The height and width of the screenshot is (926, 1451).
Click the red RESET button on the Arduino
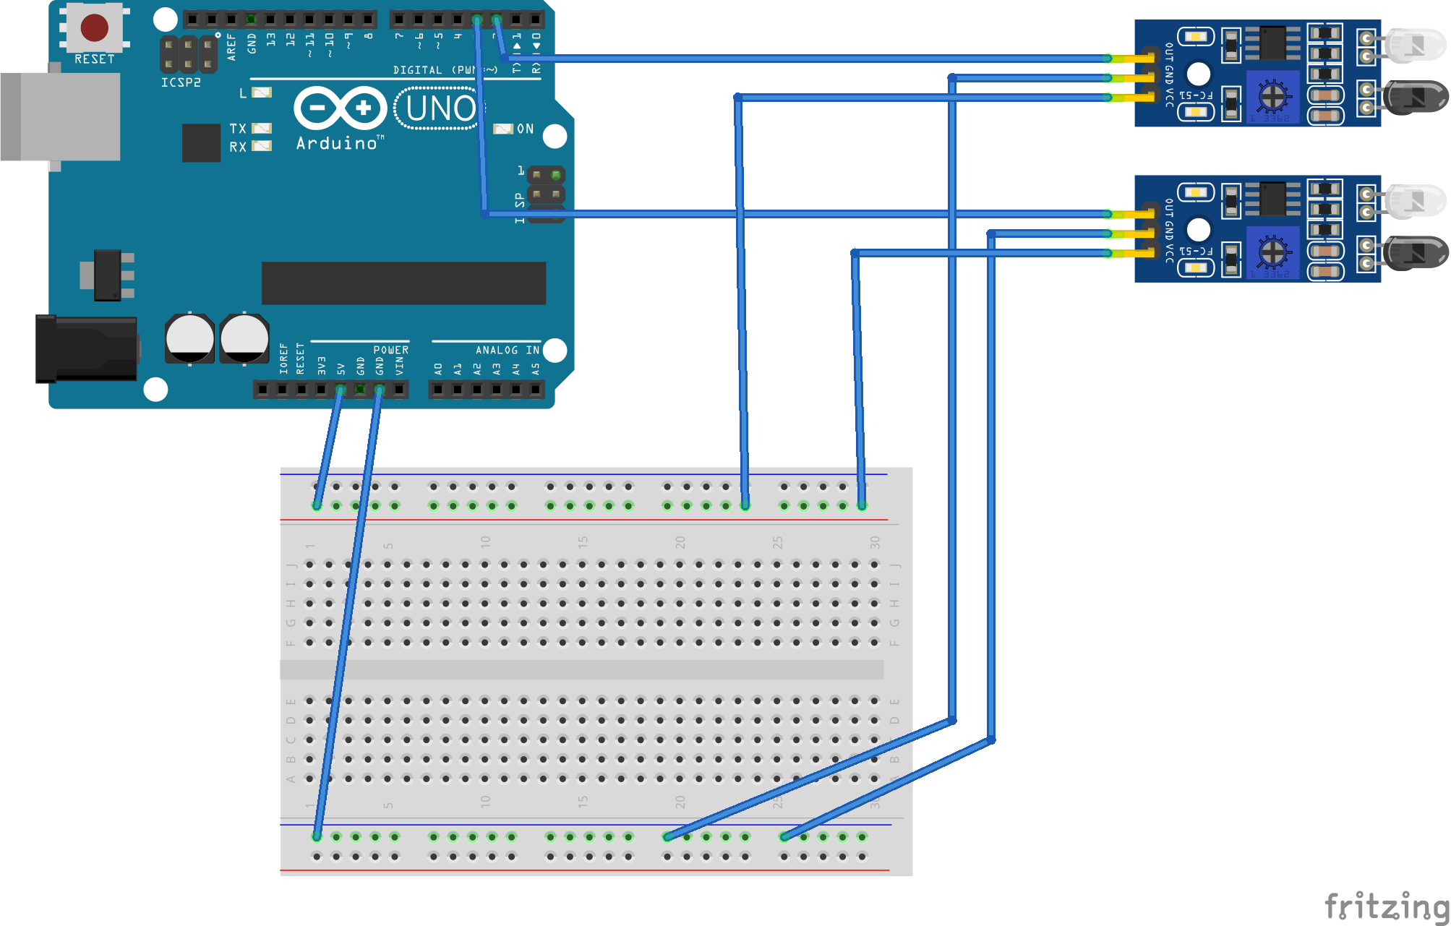[x=95, y=27]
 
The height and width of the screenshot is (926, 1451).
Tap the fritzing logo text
[x=1386, y=906]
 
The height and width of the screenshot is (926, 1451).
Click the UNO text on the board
[x=440, y=108]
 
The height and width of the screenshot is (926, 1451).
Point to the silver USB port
[x=61, y=116]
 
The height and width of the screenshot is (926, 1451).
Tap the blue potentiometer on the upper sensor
[x=1272, y=96]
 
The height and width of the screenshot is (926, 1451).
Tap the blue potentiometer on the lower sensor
[x=1272, y=252]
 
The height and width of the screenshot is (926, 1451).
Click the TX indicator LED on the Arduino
[x=261, y=129]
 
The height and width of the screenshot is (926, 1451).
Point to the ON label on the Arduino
[x=526, y=129]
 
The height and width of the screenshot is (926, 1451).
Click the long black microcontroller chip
[x=403, y=283]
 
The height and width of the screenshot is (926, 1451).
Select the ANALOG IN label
[x=507, y=350]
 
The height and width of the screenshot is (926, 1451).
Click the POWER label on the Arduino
[x=390, y=350]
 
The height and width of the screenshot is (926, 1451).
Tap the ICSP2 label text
[x=181, y=82]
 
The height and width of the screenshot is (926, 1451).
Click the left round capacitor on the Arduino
[x=189, y=338]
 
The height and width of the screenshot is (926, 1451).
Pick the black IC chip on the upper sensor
[x=1272, y=43]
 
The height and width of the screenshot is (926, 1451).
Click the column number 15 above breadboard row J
[x=583, y=541]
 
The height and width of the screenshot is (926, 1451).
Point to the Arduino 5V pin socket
[x=341, y=390]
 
